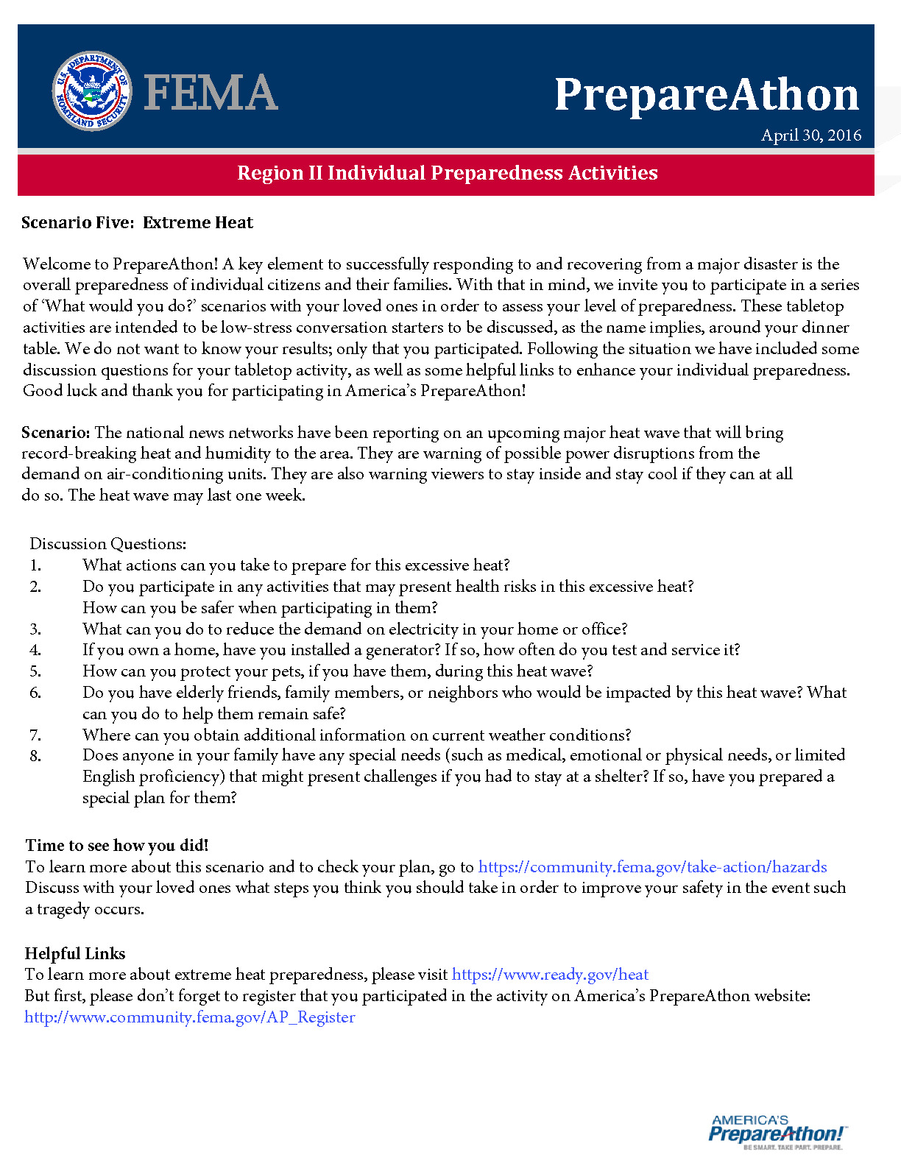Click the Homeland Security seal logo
91,91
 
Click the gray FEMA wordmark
211,93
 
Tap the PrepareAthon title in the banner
707,96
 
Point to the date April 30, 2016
811,135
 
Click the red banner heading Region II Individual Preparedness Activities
448,173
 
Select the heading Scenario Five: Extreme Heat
137,223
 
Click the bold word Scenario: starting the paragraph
56,432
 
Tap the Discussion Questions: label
108,544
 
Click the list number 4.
35,650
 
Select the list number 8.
35,755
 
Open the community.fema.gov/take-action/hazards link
652,867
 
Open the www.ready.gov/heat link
550,975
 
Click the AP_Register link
190,1017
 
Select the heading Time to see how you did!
117,845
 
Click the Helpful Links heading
75,953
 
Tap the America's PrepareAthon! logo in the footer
777,1131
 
